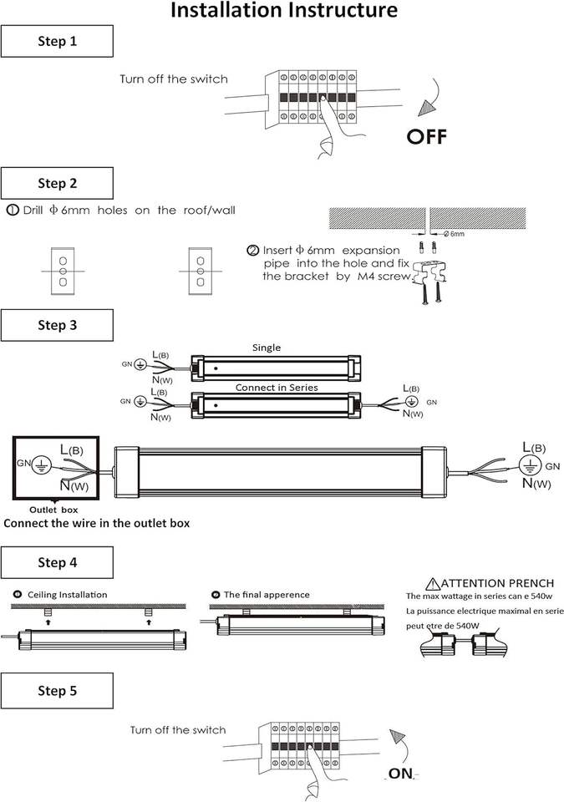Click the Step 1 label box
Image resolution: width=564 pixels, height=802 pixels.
(57, 41)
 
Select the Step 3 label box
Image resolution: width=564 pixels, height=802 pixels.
(57, 325)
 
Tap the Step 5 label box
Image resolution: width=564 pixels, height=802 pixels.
(57, 690)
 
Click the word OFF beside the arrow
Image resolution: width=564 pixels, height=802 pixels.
(427, 137)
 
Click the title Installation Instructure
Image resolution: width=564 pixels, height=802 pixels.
(283, 11)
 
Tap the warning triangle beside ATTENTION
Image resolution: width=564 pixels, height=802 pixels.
(431, 583)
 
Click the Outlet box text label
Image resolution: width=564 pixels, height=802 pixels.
(53, 509)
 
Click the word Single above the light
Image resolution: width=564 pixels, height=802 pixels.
(267, 348)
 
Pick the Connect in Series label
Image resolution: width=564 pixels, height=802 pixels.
(276, 388)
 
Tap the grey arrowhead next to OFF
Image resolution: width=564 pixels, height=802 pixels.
(431, 105)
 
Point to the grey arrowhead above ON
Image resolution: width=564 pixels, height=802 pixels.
(399, 739)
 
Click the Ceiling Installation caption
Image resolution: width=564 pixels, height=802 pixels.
(67, 595)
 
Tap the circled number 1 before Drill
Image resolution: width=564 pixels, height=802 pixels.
(13, 210)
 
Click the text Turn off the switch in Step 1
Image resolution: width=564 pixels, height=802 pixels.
(173, 79)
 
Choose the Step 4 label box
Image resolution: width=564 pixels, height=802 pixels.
(57, 562)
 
